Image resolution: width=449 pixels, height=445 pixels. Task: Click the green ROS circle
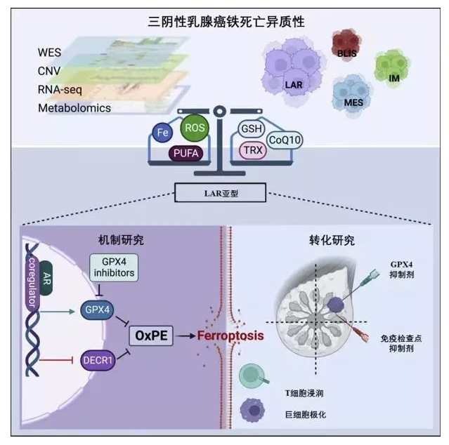click(195, 128)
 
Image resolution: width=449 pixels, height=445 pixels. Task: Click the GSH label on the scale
click(253, 129)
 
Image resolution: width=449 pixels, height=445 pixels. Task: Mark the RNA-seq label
click(64, 89)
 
